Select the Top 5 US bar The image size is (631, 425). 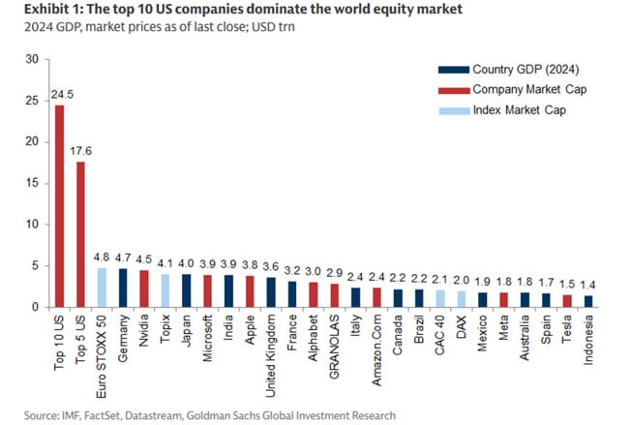coord(80,233)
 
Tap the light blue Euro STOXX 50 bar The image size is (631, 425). coord(102,287)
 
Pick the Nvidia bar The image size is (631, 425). coord(143,288)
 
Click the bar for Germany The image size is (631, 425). coord(123,288)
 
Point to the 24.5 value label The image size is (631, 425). coord(59,95)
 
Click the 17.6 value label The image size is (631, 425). coord(80,151)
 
